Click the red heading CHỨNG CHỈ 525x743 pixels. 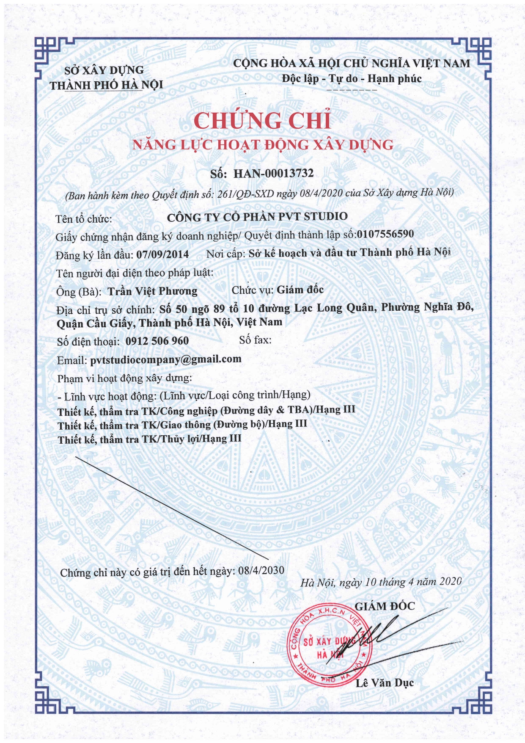pos(262,121)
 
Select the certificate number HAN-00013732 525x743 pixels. pos(273,173)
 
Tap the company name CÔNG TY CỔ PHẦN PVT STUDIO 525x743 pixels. pos(257,217)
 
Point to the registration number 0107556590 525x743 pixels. pos(385,234)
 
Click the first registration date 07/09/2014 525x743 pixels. pos(162,254)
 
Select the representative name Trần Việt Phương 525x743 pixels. pos(152,291)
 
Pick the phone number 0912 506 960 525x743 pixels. pos(157,341)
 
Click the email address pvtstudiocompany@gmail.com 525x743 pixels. pos(166,359)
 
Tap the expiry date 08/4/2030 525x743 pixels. pos(261,570)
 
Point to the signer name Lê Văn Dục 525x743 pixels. pos(384,682)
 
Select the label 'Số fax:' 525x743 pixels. pos(255,340)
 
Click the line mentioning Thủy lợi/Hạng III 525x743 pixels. pos(150,439)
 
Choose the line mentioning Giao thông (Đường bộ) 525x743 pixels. pos(182,425)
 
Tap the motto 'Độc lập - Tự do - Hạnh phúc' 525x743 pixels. pos(352,79)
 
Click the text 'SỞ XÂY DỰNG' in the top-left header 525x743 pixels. pos(104,70)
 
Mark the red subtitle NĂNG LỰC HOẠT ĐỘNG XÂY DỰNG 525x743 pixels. pos(263,145)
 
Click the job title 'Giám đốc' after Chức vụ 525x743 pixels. pos(300,290)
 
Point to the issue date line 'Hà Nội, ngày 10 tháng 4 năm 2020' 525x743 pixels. pos(380,582)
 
